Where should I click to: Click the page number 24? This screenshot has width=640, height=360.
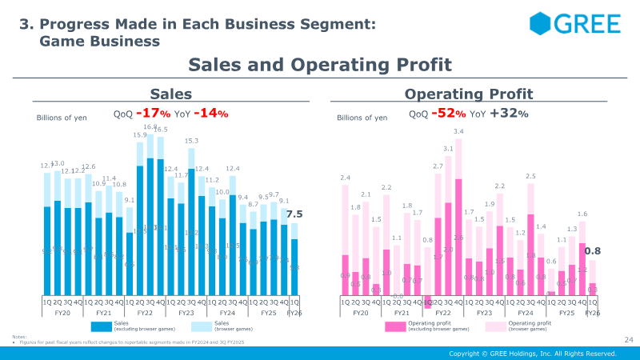click(627, 341)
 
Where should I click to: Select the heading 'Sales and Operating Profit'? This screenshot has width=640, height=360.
click(320, 65)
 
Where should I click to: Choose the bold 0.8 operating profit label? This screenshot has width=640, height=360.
click(592, 251)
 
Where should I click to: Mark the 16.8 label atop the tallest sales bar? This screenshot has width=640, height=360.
click(150, 126)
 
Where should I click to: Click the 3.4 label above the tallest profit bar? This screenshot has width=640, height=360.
click(458, 131)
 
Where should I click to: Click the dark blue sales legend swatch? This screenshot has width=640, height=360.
click(101, 326)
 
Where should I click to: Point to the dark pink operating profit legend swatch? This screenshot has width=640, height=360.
click(396, 326)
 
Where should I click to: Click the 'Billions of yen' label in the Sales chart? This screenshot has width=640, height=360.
click(62, 118)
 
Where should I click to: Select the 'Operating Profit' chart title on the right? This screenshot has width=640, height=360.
click(469, 94)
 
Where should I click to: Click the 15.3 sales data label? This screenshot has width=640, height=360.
click(191, 141)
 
